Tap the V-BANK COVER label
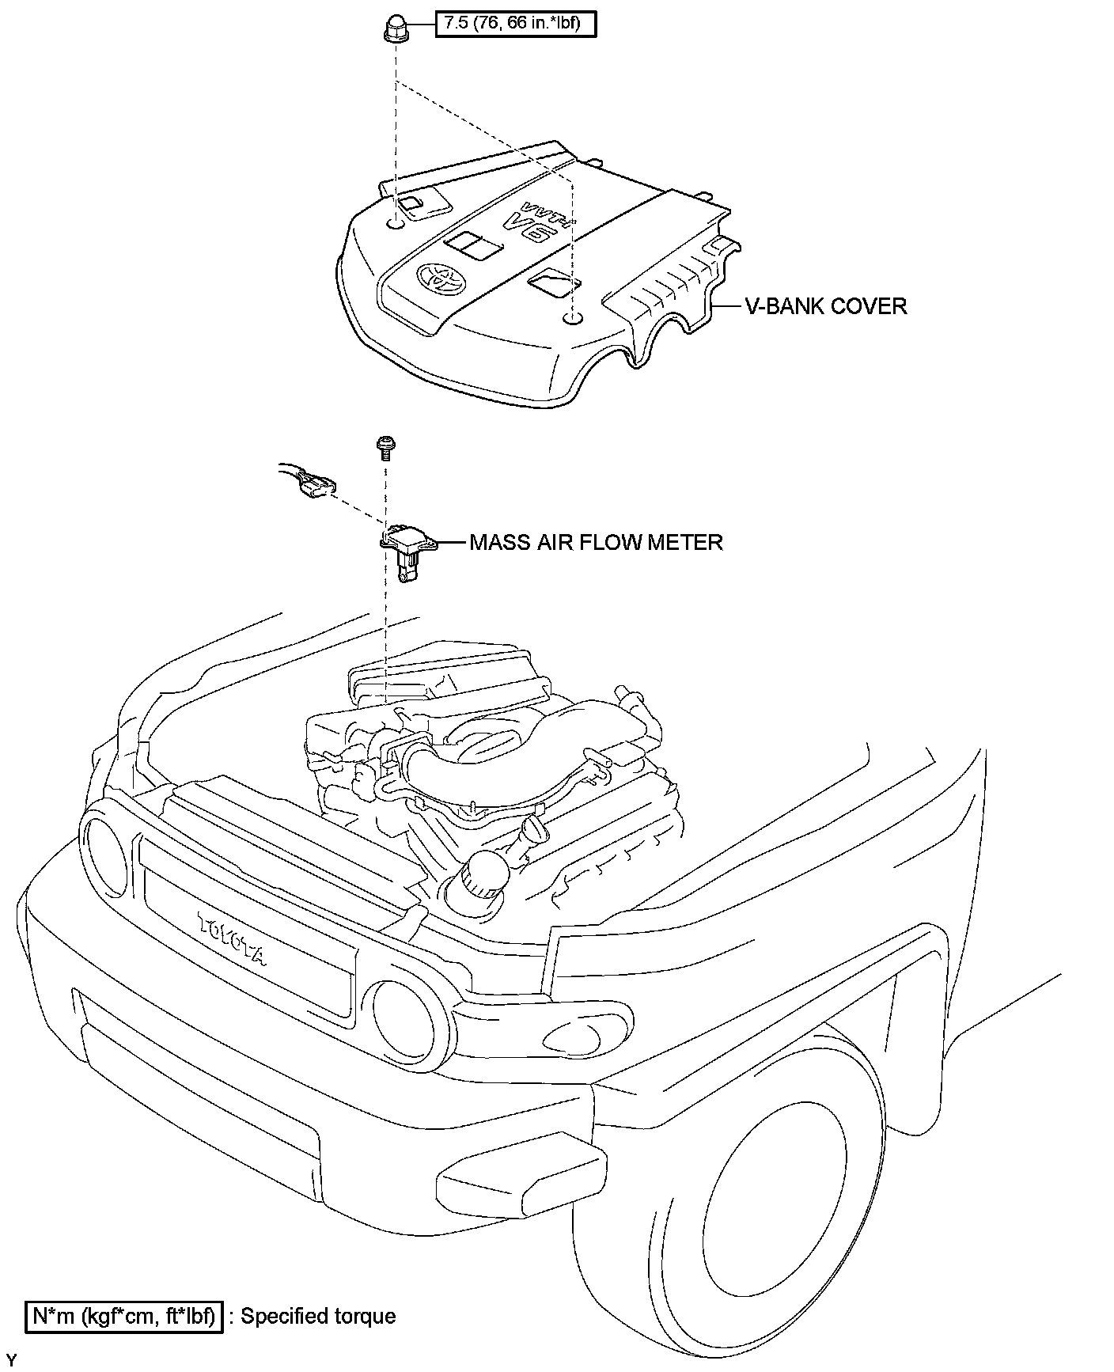pyautogui.click(x=826, y=306)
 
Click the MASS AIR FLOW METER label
pyautogui.click(x=596, y=542)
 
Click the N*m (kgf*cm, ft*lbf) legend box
pyautogui.click(x=124, y=1317)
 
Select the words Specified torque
pyautogui.click(x=318, y=1316)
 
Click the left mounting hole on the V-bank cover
pyautogui.click(x=396, y=225)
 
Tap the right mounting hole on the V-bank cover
pyautogui.click(x=571, y=319)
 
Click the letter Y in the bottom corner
pyautogui.click(x=11, y=1361)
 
